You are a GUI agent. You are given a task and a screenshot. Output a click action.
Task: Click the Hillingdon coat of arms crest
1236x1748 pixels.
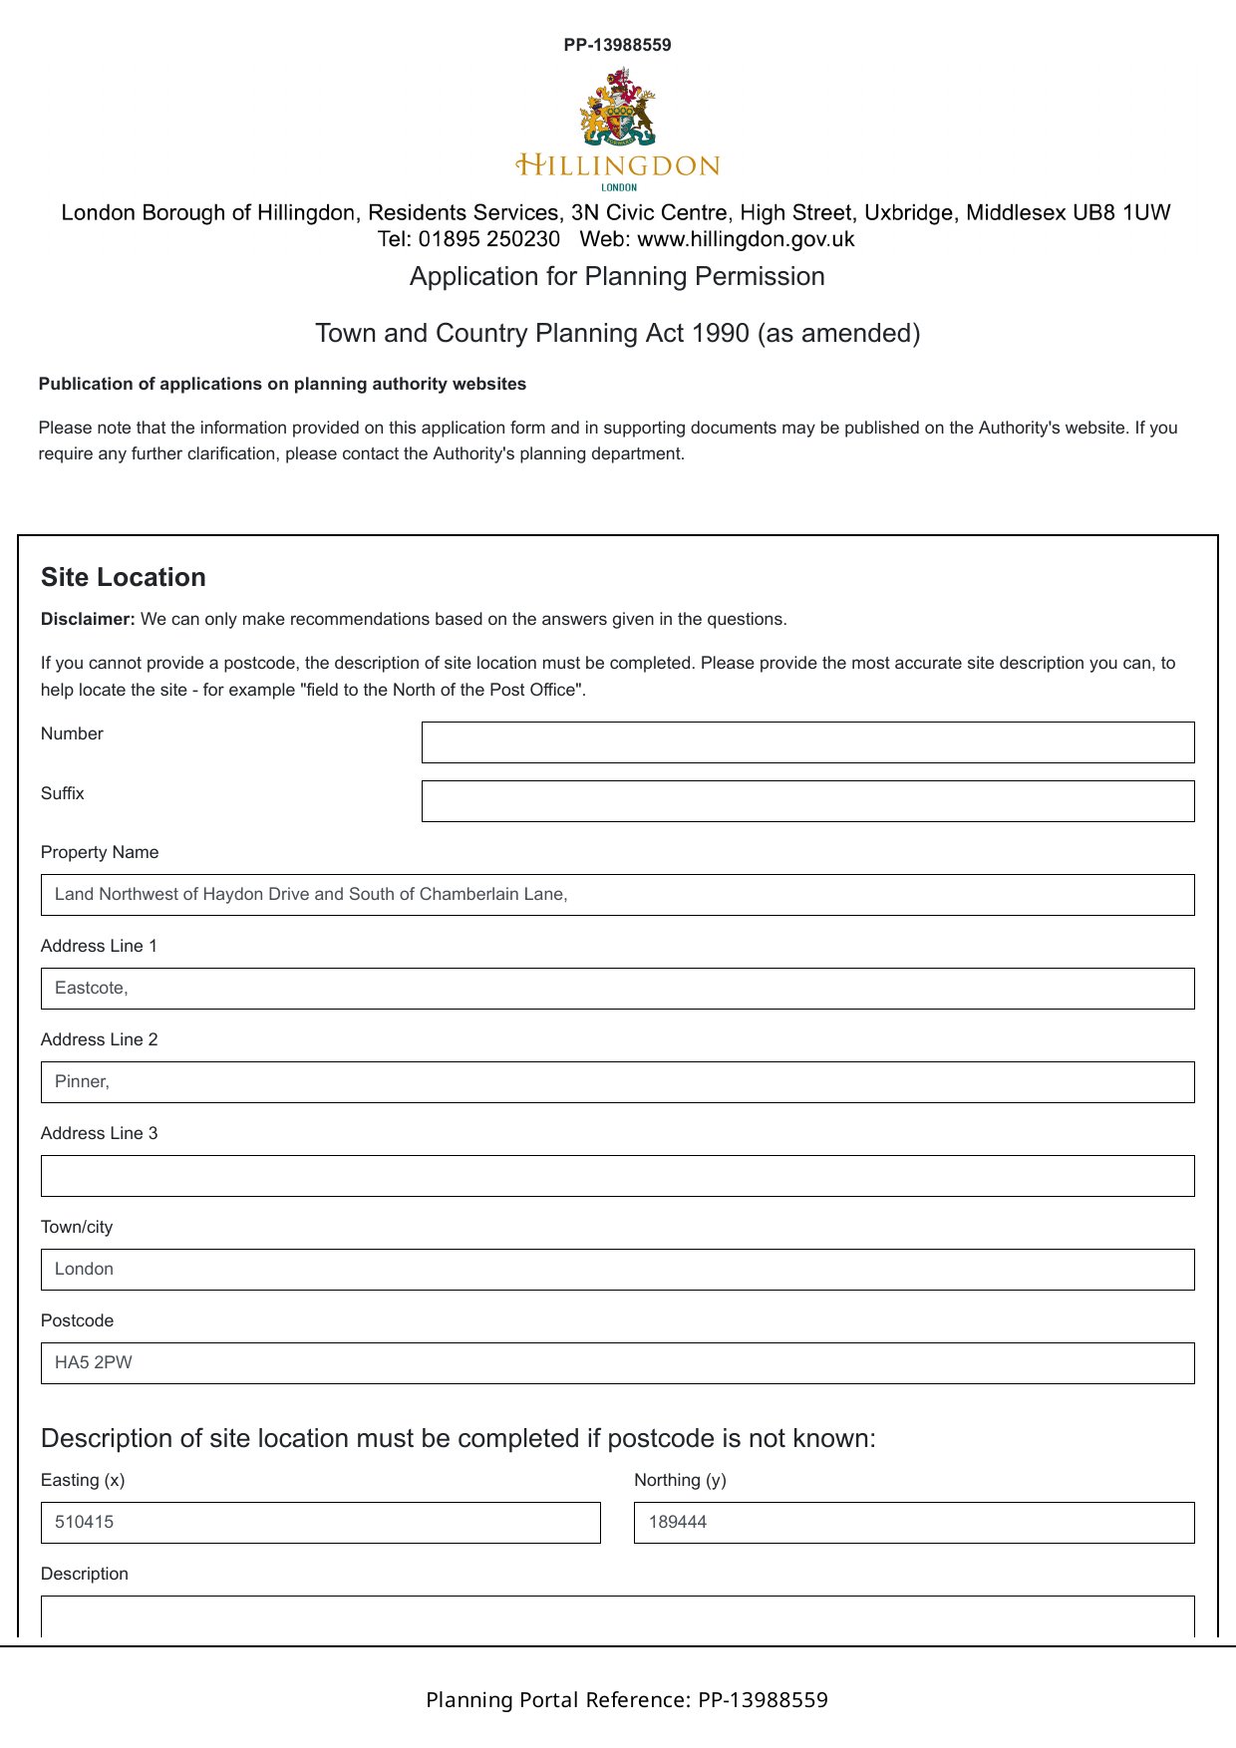[617, 108]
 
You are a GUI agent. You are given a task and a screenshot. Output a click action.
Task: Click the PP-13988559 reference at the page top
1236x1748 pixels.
[617, 45]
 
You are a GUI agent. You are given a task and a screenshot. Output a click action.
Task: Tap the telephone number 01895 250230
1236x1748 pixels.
[488, 239]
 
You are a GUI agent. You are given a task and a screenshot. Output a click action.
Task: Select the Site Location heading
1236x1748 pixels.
[124, 577]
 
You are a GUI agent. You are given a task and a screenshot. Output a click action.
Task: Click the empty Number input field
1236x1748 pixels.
[807, 742]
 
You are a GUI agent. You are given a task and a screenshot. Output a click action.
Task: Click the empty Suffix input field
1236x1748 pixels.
[807, 801]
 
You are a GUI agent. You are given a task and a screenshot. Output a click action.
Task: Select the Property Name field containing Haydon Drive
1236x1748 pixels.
[617, 895]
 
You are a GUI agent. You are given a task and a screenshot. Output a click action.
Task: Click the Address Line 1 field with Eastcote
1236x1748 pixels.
[617, 989]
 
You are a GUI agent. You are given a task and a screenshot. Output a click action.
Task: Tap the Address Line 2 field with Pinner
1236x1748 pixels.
[617, 1082]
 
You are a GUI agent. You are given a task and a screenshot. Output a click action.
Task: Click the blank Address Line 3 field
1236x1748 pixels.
[617, 1176]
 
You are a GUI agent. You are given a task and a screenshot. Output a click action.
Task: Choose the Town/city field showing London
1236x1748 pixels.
[617, 1270]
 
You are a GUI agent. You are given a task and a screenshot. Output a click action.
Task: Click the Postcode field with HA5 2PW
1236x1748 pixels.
[617, 1363]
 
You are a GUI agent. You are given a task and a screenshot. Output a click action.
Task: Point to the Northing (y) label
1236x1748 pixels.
[680, 1480]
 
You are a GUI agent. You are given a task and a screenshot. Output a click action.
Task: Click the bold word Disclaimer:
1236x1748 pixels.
[88, 619]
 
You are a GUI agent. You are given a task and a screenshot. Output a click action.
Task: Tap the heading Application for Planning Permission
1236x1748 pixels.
[617, 276]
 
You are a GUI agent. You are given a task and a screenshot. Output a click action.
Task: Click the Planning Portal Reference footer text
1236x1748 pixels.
[626, 1700]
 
